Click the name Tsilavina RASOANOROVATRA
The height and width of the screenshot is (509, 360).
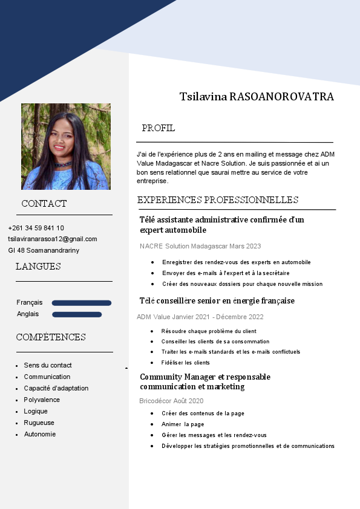(257, 97)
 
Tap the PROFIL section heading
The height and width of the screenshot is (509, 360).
(159, 128)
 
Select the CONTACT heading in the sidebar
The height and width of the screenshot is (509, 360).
(44, 204)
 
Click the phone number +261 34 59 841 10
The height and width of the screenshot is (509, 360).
(36, 228)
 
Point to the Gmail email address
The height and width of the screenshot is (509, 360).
(53, 239)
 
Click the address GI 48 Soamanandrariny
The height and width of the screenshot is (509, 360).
(44, 250)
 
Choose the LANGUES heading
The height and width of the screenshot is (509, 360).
(38, 267)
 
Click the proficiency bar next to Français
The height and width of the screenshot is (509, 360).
(82, 303)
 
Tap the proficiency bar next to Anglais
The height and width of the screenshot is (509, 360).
(77, 314)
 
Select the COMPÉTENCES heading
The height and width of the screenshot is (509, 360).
(51, 337)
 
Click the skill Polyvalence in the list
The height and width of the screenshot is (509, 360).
(42, 400)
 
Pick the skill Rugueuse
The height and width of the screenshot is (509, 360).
(39, 423)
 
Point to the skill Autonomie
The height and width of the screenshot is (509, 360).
(40, 434)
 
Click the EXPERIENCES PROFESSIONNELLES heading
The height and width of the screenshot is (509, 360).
(218, 200)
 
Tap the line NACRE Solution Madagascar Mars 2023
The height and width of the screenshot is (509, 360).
(200, 246)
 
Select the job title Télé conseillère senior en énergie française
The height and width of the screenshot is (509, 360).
(217, 300)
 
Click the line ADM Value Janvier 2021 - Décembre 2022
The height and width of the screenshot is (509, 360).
(200, 317)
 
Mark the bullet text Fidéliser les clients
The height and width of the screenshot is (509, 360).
(186, 363)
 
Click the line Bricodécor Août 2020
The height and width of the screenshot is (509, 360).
(171, 401)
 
